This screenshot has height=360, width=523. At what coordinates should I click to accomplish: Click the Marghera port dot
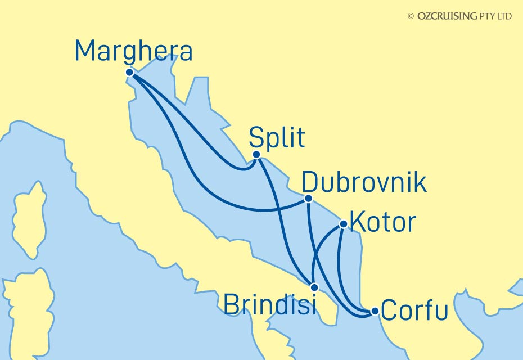click(129, 73)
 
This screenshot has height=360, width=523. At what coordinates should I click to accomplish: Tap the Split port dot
click(256, 155)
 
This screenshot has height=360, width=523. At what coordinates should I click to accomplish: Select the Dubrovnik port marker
click(308, 199)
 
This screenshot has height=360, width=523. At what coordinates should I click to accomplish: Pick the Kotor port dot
click(344, 224)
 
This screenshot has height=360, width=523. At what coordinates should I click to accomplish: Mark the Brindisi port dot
click(314, 286)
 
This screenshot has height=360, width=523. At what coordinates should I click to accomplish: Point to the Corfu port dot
click(375, 310)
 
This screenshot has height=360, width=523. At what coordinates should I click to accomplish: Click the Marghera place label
click(134, 52)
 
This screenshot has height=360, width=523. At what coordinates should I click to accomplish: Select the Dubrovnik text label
click(364, 183)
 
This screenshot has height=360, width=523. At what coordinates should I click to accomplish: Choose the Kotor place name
click(382, 222)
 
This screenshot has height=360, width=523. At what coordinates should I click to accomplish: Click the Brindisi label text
click(269, 305)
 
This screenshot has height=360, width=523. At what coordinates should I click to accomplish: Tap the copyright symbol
click(411, 16)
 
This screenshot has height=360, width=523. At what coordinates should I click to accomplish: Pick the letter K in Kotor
click(357, 222)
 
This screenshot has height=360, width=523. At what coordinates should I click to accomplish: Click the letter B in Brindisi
click(232, 305)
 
